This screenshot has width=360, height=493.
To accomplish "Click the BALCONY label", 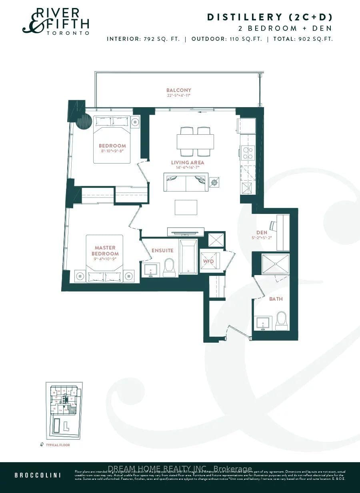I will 179,90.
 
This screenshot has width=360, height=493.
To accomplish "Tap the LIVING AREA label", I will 188,162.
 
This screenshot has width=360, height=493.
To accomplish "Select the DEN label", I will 262,232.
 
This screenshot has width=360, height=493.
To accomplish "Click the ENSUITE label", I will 162,250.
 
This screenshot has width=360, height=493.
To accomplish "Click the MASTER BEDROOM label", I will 105,251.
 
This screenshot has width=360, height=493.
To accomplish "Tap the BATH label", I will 276,299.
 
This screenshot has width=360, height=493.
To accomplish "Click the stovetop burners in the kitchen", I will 247,152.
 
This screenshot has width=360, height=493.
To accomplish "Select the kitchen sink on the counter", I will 247,187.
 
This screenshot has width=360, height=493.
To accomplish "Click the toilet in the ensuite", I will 170,267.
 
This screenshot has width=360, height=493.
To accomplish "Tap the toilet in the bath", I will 282,321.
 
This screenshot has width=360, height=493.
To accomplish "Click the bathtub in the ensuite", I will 188,257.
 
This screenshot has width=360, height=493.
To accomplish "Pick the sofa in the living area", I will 186,182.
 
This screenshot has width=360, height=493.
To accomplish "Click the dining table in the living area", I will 195,142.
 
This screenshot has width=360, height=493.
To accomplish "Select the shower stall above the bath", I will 275,263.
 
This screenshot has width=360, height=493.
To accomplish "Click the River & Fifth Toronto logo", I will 56,22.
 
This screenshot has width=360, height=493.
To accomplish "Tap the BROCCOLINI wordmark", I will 38,475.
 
